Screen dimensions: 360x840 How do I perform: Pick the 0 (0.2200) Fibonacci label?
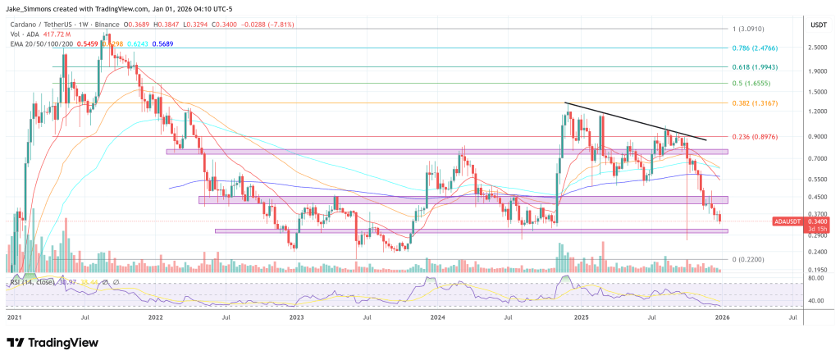point(751,259)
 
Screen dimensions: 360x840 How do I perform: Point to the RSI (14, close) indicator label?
point(33,282)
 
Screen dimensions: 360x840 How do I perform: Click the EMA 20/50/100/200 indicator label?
point(41,44)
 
